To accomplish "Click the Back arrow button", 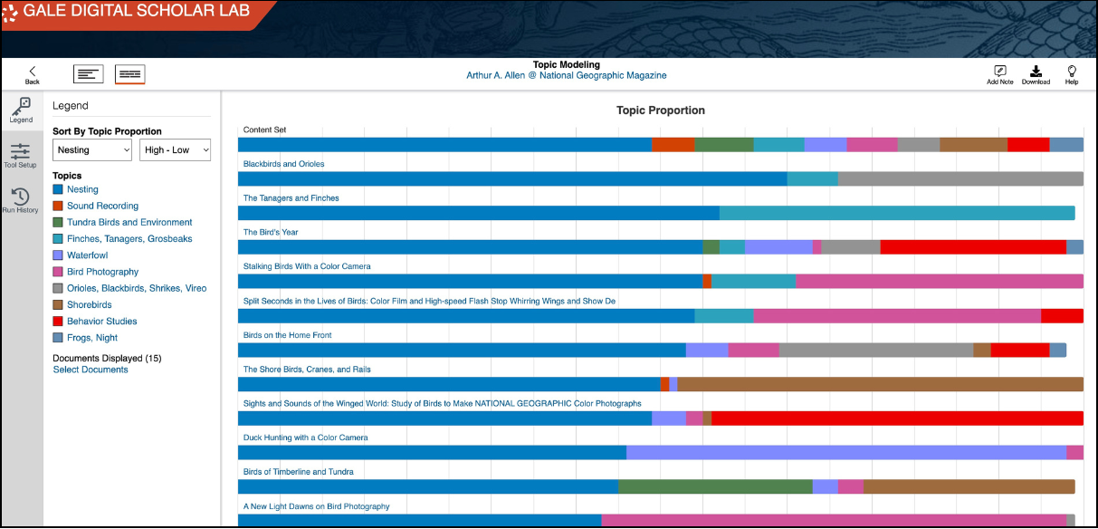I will click(x=32, y=74).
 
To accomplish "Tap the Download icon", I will click(x=1036, y=74).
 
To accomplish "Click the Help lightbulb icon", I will click(x=1072, y=74).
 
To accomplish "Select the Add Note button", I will click(x=999, y=74).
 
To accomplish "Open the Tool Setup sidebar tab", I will click(x=20, y=156).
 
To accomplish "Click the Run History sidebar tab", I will click(x=20, y=200).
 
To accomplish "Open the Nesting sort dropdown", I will click(x=92, y=149).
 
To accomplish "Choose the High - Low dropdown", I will click(x=175, y=149).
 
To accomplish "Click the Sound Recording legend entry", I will click(x=102, y=206).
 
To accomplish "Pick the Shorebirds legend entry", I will click(x=89, y=304).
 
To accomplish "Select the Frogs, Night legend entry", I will click(x=91, y=338).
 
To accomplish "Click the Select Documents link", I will click(x=91, y=370).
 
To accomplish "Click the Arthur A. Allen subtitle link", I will click(x=566, y=75).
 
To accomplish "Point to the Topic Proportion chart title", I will click(x=660, y=111).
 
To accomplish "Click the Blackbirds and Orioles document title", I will click(x=283, y=164).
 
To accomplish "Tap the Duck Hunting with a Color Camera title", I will click(x=305, y=438).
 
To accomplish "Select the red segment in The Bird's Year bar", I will click(x=972, y=247).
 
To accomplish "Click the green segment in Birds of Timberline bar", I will click(x=714, y=486).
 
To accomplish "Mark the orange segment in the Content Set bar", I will click(x=673, y=145).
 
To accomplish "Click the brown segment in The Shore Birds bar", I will click(x=879, y=384).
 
